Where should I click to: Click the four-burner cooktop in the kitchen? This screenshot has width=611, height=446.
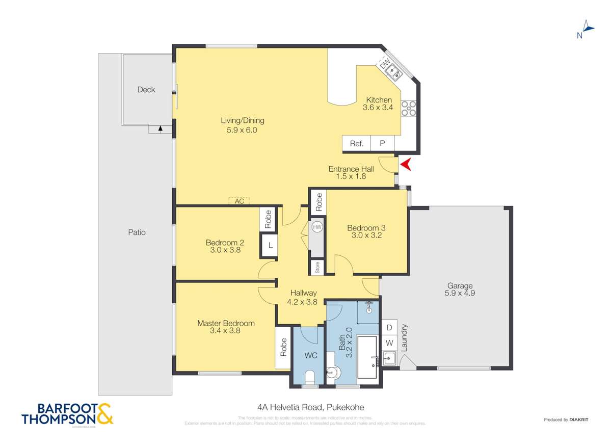408,109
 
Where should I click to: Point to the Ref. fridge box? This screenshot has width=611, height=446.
356,144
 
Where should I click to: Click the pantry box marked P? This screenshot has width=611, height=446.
382,144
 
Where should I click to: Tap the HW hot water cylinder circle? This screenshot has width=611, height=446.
317,227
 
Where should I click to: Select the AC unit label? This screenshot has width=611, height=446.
240,201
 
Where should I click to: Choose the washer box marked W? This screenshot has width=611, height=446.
389,343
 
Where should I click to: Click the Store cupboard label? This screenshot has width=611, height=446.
317,267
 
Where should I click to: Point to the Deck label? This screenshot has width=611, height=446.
146,90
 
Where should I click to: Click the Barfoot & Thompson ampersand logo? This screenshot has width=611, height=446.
104,414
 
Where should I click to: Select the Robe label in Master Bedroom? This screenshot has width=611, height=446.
283,348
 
